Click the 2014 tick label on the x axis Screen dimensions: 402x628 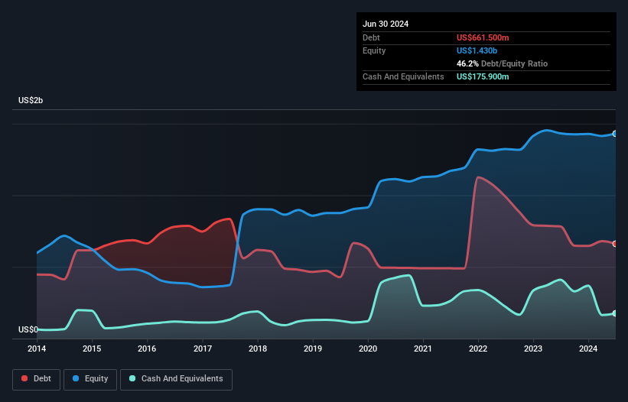(37, 349)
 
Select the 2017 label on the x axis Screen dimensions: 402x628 (203, 349)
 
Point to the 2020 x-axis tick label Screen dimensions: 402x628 (368, 349)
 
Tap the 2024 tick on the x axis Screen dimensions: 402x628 (588, 349)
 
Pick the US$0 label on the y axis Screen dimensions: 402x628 (28, 330)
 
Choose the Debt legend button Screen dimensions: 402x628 (35, 379)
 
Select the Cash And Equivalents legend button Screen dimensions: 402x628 (176, 379)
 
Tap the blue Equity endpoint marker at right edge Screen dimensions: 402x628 (614, 134)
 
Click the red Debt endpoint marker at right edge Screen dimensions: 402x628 (614, 244)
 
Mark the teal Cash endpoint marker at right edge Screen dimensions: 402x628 (614, 313)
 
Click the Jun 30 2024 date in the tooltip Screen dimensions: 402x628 (386, 24)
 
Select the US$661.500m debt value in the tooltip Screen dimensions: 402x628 (483, 37)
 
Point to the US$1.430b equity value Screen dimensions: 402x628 (477, 50)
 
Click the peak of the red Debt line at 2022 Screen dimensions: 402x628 (479, 177)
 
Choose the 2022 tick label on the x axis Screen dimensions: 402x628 (478, 349)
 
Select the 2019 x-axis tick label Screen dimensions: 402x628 (313, 349)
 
